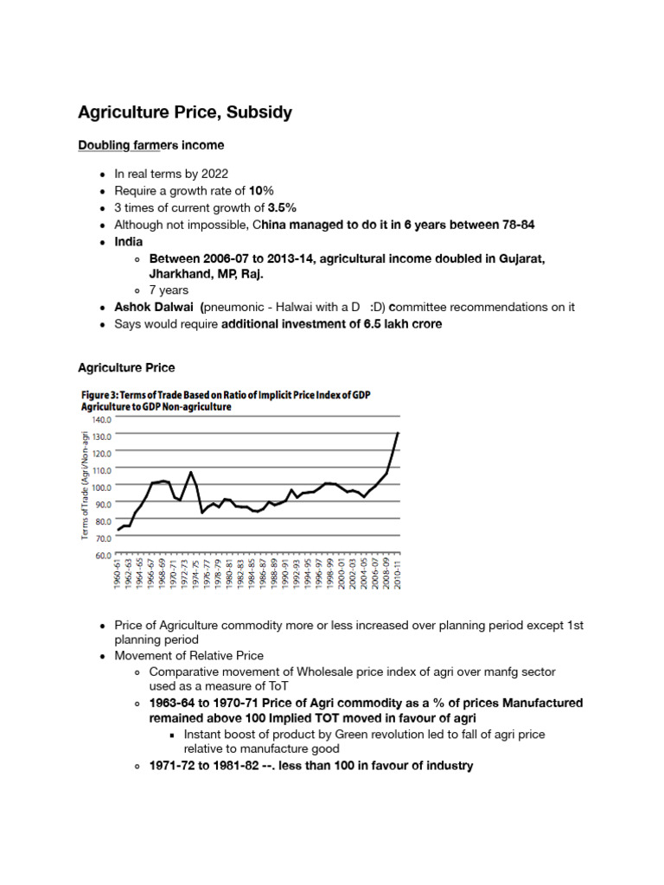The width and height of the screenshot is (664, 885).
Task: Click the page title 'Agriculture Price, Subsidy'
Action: [185, 113]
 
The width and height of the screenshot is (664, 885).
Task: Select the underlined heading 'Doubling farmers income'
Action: [151, 144]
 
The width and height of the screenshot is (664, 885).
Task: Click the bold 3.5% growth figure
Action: [282, 207]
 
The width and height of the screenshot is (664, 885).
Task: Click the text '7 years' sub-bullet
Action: [169, 290]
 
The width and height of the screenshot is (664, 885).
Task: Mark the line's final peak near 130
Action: [398, 433]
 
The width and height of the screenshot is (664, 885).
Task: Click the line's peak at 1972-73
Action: [190, 472]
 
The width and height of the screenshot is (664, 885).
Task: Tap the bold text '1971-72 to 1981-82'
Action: [209, 766]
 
